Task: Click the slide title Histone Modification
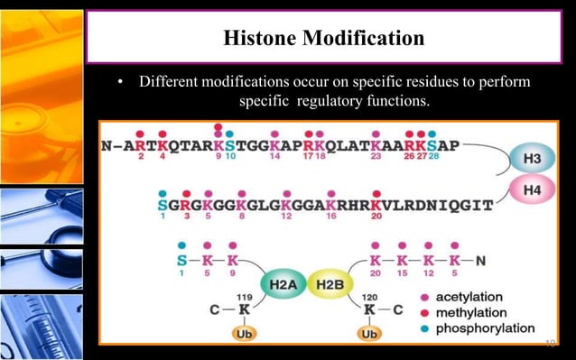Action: click(323, 38)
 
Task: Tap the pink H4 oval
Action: click(533, 189)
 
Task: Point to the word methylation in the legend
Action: click(469, 312)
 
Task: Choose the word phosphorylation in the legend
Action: click(485, 328)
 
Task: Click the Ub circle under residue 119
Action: click(243, 333)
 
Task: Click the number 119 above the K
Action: click(244, 295)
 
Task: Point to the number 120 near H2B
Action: click(368, 295)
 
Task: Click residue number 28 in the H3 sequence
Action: click(434, 156)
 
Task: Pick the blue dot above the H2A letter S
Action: click(181, 245)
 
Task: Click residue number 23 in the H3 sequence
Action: click(375, 156)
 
